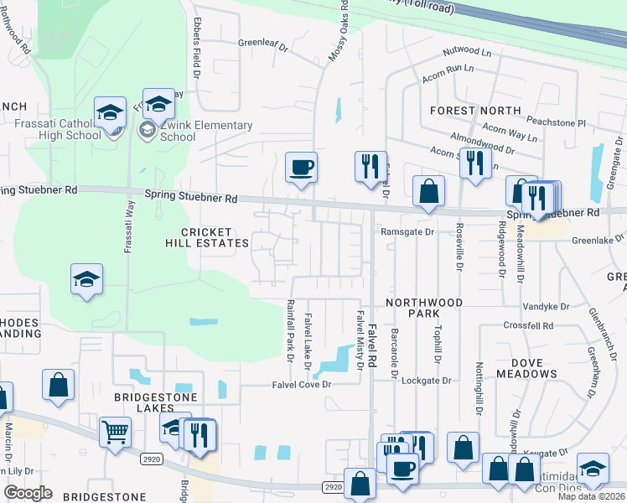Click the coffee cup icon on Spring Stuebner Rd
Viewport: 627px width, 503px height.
click(301, 166)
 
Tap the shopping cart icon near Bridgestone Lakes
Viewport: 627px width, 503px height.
click(115, 432)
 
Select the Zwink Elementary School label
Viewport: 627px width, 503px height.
click(206, 132)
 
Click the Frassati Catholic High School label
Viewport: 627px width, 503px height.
click(58, 129)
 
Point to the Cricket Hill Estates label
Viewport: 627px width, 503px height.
click(215, 237)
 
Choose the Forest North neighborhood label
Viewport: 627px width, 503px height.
click(474, 111)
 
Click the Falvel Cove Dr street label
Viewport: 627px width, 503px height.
click(302, 384)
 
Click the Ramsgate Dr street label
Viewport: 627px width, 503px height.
click(408, 231)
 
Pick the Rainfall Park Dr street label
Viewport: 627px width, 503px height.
click(290, 331)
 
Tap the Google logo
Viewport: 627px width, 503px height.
click(28, 492)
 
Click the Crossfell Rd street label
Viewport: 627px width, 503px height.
click(528, 325)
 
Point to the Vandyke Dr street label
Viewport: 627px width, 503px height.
click(546, 307)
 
